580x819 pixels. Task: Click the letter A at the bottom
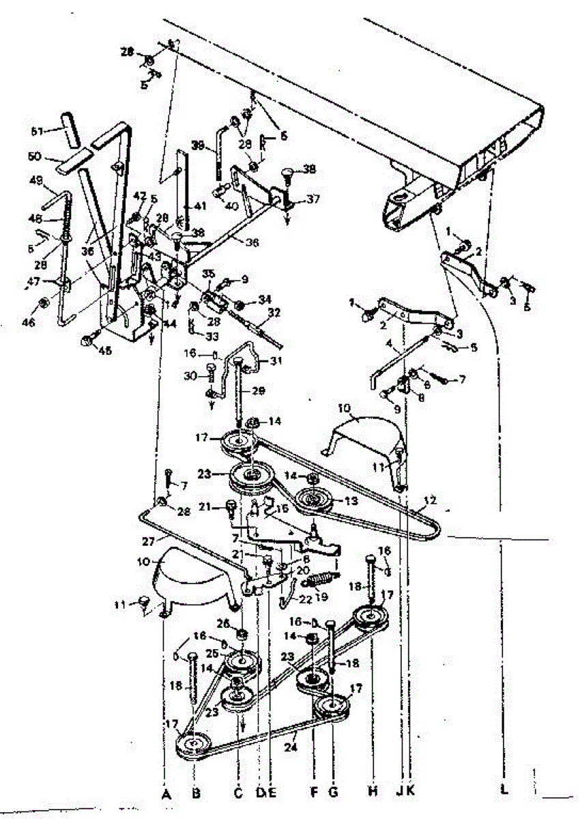[x=165, y=793]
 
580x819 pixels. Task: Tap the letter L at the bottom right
[x=504, y=793]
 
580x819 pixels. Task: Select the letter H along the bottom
[x=373, y=793]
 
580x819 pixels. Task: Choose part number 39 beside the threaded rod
[x=198, y=145]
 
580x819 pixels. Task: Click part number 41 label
[x=199, y=205]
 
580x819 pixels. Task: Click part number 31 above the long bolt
[x=275, y=360]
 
